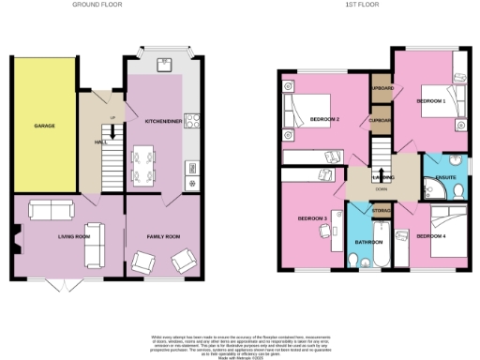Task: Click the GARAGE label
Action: [43, 125]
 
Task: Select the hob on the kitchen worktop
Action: [193, 119]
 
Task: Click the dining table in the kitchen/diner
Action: [143, 164]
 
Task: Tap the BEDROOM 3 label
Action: [311, 217]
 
